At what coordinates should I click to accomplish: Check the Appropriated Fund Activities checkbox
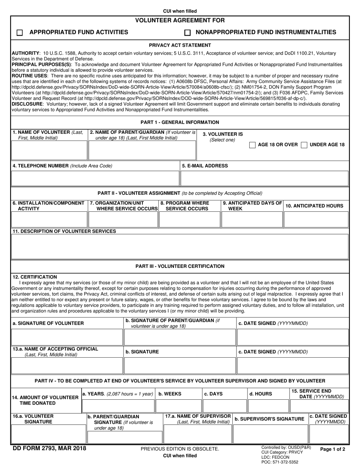click(20, 33)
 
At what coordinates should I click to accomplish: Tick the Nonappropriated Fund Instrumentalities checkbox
click(187, 33)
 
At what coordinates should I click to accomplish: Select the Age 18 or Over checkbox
click(252, 145)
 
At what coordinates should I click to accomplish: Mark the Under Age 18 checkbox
click(304, 145)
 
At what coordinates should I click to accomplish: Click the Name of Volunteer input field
click(49, 150)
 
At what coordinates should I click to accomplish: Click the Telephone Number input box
click(95, 178)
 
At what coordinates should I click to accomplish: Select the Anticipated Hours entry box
click(316, 219)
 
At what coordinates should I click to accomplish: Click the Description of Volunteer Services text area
click(180, 246)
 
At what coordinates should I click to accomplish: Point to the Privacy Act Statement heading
click(180, 45)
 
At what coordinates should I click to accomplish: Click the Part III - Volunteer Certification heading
click(180, 266)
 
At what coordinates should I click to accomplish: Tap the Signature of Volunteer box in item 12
click(67, 337)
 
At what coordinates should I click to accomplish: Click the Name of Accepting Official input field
click(67, 366)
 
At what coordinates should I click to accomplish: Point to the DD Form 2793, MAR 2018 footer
click(49, 449)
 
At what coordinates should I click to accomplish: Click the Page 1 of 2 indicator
click(333, 449)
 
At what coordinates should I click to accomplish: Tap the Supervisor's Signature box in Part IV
click(270, 434)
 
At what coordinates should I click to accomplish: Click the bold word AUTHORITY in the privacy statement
click(26, 53)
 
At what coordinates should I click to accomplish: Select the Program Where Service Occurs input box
click(189, 219)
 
